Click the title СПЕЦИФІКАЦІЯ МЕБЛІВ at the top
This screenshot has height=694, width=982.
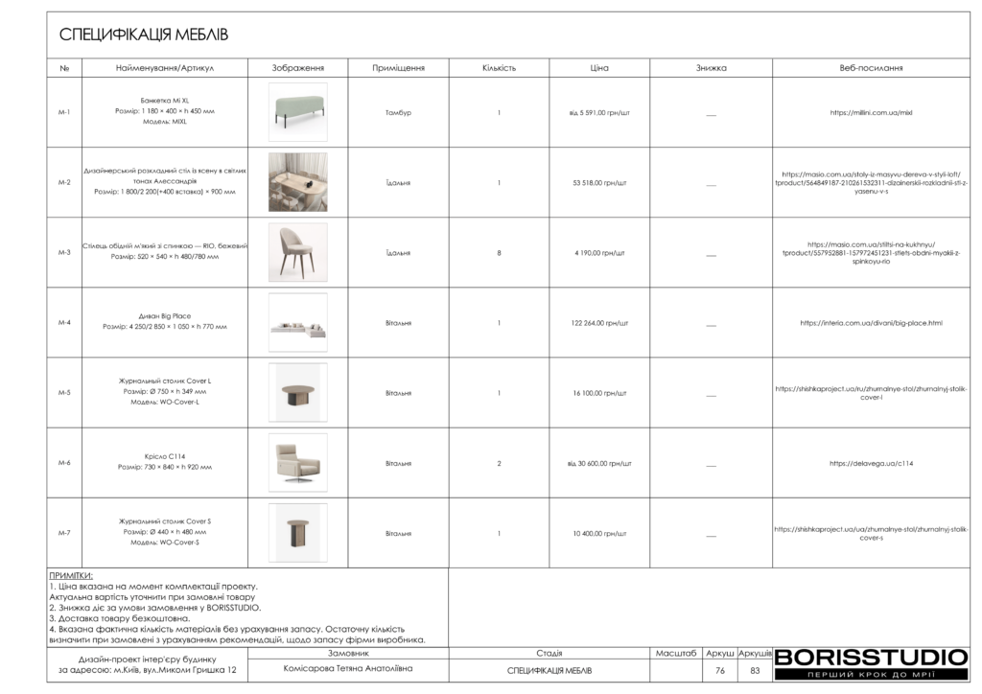click(x=144, y=35)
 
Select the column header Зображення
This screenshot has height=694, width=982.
click(x=297, y=68)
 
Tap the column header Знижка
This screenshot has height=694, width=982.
click(x=711, y=68)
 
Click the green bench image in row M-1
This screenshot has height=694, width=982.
click(x=297, y=112)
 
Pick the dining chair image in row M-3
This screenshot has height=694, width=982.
click(x=297, y=252)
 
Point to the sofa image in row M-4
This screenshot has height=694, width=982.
click(x=297, y=323)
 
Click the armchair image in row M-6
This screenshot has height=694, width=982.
click(x=297, y=463)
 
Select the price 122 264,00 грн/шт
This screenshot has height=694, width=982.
click(x=599, y=323)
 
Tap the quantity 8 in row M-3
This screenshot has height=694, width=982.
click(x=499, y=253)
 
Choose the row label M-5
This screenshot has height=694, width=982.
click(x=64, y=393)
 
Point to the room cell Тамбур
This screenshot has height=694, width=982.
click(x=398, y=113)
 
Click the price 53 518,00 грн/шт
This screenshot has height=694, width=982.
click(x=599, y=183)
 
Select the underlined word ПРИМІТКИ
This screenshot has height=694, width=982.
click(x=70, y=575)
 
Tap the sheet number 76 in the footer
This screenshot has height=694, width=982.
click(x=719, y=671)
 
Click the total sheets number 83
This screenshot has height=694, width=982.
click(x=755, y=671)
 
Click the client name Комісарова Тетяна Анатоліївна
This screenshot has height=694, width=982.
click(x=348, y=669)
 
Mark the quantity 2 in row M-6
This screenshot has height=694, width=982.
click(x=499, y=464)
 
